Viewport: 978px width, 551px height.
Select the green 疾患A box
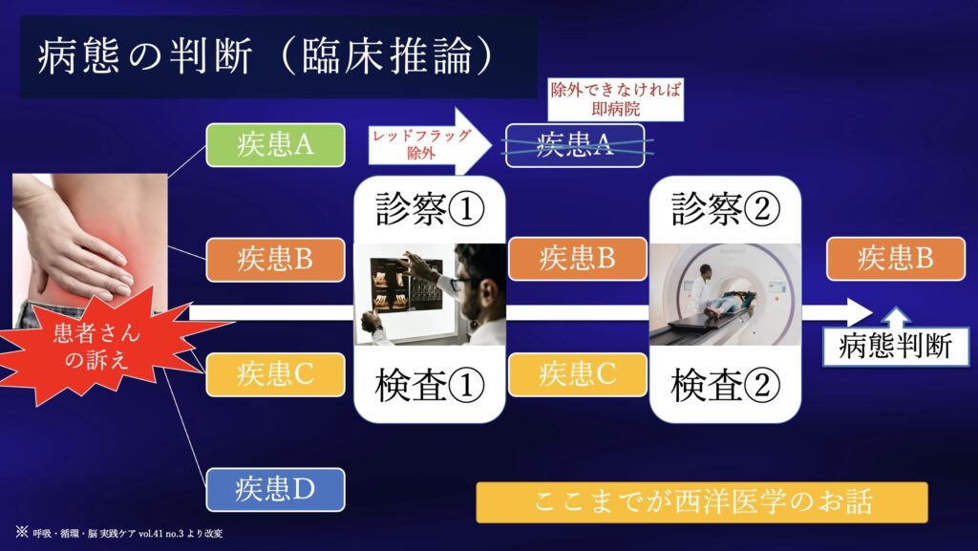(276, 145)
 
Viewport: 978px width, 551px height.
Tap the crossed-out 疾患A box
(574, 145)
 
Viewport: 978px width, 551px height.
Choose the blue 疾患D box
(276, 489)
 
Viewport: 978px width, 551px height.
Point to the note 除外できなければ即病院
(616, 99)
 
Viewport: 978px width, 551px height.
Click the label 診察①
(430, 208)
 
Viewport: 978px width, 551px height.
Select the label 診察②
(726, 208)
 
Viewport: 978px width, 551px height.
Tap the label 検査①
(430, 385)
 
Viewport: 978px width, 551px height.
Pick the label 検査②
(726, 385)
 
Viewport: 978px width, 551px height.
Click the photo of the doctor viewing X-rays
(430, 294)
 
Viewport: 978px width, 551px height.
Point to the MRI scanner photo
(726, 294)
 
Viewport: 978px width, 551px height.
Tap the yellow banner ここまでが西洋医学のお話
(702, 502)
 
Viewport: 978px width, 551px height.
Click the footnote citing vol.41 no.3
(119, 533)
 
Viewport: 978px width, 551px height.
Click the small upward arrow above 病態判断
(896, 318)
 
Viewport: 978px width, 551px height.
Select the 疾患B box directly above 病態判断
(896, 259)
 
